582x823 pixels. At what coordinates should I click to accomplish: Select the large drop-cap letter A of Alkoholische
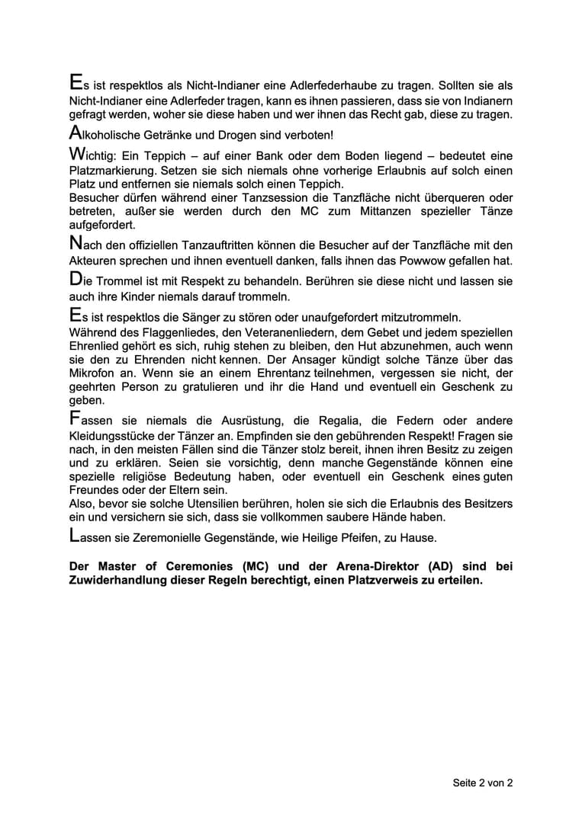coord(75,133)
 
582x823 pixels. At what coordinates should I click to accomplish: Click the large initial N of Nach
coord(75,243)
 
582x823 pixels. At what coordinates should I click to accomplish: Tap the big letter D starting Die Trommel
coord(75,278)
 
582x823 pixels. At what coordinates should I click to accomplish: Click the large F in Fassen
coord(74,418)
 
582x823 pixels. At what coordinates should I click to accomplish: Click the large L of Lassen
coord(73,535)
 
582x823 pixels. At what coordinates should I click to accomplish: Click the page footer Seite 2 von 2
coord(483,783)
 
